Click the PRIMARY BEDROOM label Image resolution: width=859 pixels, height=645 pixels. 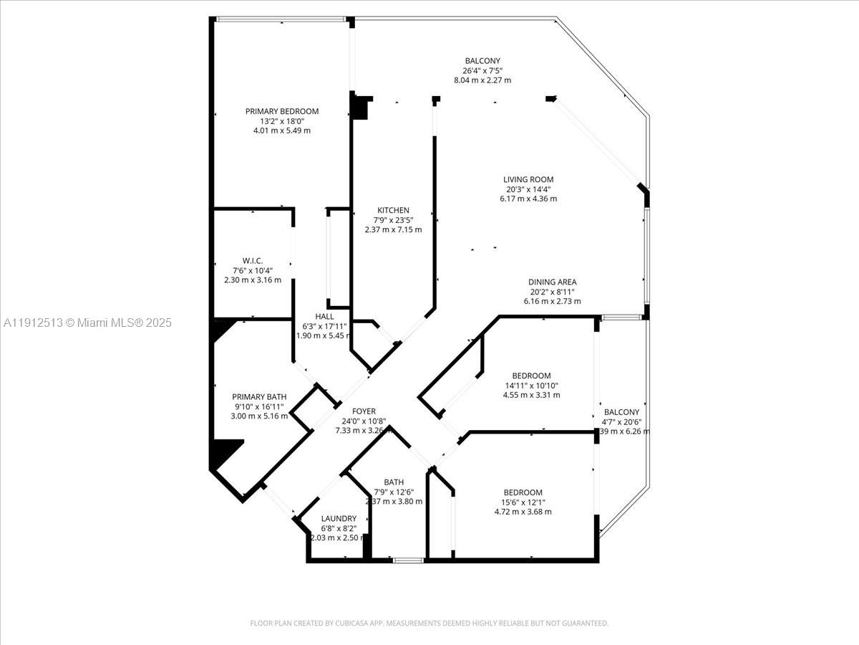pos(281,111)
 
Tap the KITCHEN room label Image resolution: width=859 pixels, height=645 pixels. pos(393,210)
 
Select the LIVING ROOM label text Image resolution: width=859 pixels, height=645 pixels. pos(528,179)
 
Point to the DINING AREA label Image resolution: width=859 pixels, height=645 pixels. pos(553,282)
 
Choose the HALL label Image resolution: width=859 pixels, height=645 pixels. pos(324,316)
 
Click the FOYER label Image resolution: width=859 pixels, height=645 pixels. pos(364,411)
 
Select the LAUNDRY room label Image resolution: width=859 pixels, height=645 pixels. pos(339,518)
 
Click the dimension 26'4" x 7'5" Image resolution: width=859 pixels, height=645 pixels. pos(482,71)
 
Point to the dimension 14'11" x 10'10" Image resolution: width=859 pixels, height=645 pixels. pos(531,386)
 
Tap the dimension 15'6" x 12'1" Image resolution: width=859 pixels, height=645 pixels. pos(523,502)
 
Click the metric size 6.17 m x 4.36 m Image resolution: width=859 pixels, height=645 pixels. pos(528,199)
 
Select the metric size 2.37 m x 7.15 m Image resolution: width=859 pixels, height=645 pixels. pos(393,230)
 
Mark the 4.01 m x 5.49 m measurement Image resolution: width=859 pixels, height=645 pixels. pos(281,130)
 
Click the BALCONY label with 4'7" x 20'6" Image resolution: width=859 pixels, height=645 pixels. pos(621,412)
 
